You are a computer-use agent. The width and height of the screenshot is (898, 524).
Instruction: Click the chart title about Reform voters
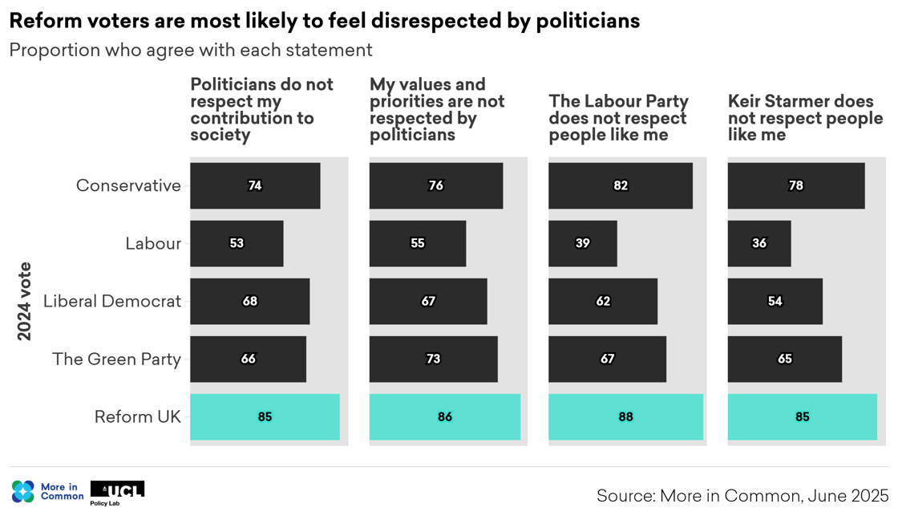(324, 21)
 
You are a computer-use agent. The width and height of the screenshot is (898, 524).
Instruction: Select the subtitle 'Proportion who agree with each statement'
(191, 50)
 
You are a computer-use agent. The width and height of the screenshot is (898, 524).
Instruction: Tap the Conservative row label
(128, 185)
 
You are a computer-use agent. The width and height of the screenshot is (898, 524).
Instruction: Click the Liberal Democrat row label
(112, 301)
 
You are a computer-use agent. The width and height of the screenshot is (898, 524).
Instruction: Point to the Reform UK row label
(137, 416)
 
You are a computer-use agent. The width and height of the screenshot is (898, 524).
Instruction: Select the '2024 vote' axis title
(25, 301)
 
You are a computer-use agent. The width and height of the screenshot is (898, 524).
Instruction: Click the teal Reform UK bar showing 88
(625, 416)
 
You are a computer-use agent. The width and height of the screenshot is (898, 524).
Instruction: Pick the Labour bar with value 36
(758, 243)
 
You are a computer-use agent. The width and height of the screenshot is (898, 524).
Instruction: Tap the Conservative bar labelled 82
(620, 185)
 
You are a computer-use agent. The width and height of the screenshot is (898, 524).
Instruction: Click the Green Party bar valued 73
(433, 359)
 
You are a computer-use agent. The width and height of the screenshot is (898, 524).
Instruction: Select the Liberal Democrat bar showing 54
(775, 301)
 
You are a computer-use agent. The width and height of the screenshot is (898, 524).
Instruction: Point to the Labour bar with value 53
(237, 243)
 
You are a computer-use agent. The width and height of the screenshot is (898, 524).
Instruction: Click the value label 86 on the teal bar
(445, 416)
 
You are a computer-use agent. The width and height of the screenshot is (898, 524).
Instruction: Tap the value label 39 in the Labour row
(583, 243)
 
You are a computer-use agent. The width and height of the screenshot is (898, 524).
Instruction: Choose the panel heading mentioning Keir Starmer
(804, 118)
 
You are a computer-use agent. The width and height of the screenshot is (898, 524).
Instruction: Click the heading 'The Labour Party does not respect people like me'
(618, 118)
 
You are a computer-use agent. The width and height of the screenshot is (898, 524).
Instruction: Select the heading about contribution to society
(261, 109)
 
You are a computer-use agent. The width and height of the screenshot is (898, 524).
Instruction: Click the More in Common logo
(47, 491)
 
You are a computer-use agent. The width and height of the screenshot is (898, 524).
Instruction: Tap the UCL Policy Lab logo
(117, 493)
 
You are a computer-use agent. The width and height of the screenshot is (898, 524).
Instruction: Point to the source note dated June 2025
(742, 496)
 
